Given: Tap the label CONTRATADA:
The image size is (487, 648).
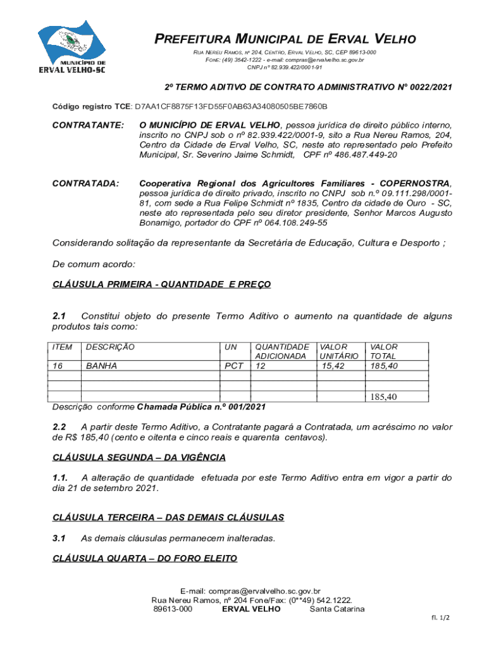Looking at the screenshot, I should click(85, 184).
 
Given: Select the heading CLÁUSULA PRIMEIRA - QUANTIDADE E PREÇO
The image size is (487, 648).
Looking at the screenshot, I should click(161, 285).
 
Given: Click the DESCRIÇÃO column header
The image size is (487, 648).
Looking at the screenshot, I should click(110, 347).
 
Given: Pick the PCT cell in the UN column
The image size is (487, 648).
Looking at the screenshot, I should click(234, 366).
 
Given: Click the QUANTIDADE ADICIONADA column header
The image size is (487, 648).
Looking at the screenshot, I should click(281, 351).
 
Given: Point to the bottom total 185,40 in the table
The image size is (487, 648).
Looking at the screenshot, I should click(383, 397).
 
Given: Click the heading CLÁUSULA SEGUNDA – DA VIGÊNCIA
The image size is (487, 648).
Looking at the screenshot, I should click(139, 458).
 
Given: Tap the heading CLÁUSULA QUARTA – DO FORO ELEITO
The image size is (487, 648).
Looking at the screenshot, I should click(145, 558).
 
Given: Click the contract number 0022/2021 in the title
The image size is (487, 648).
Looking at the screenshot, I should click(422, 87).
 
